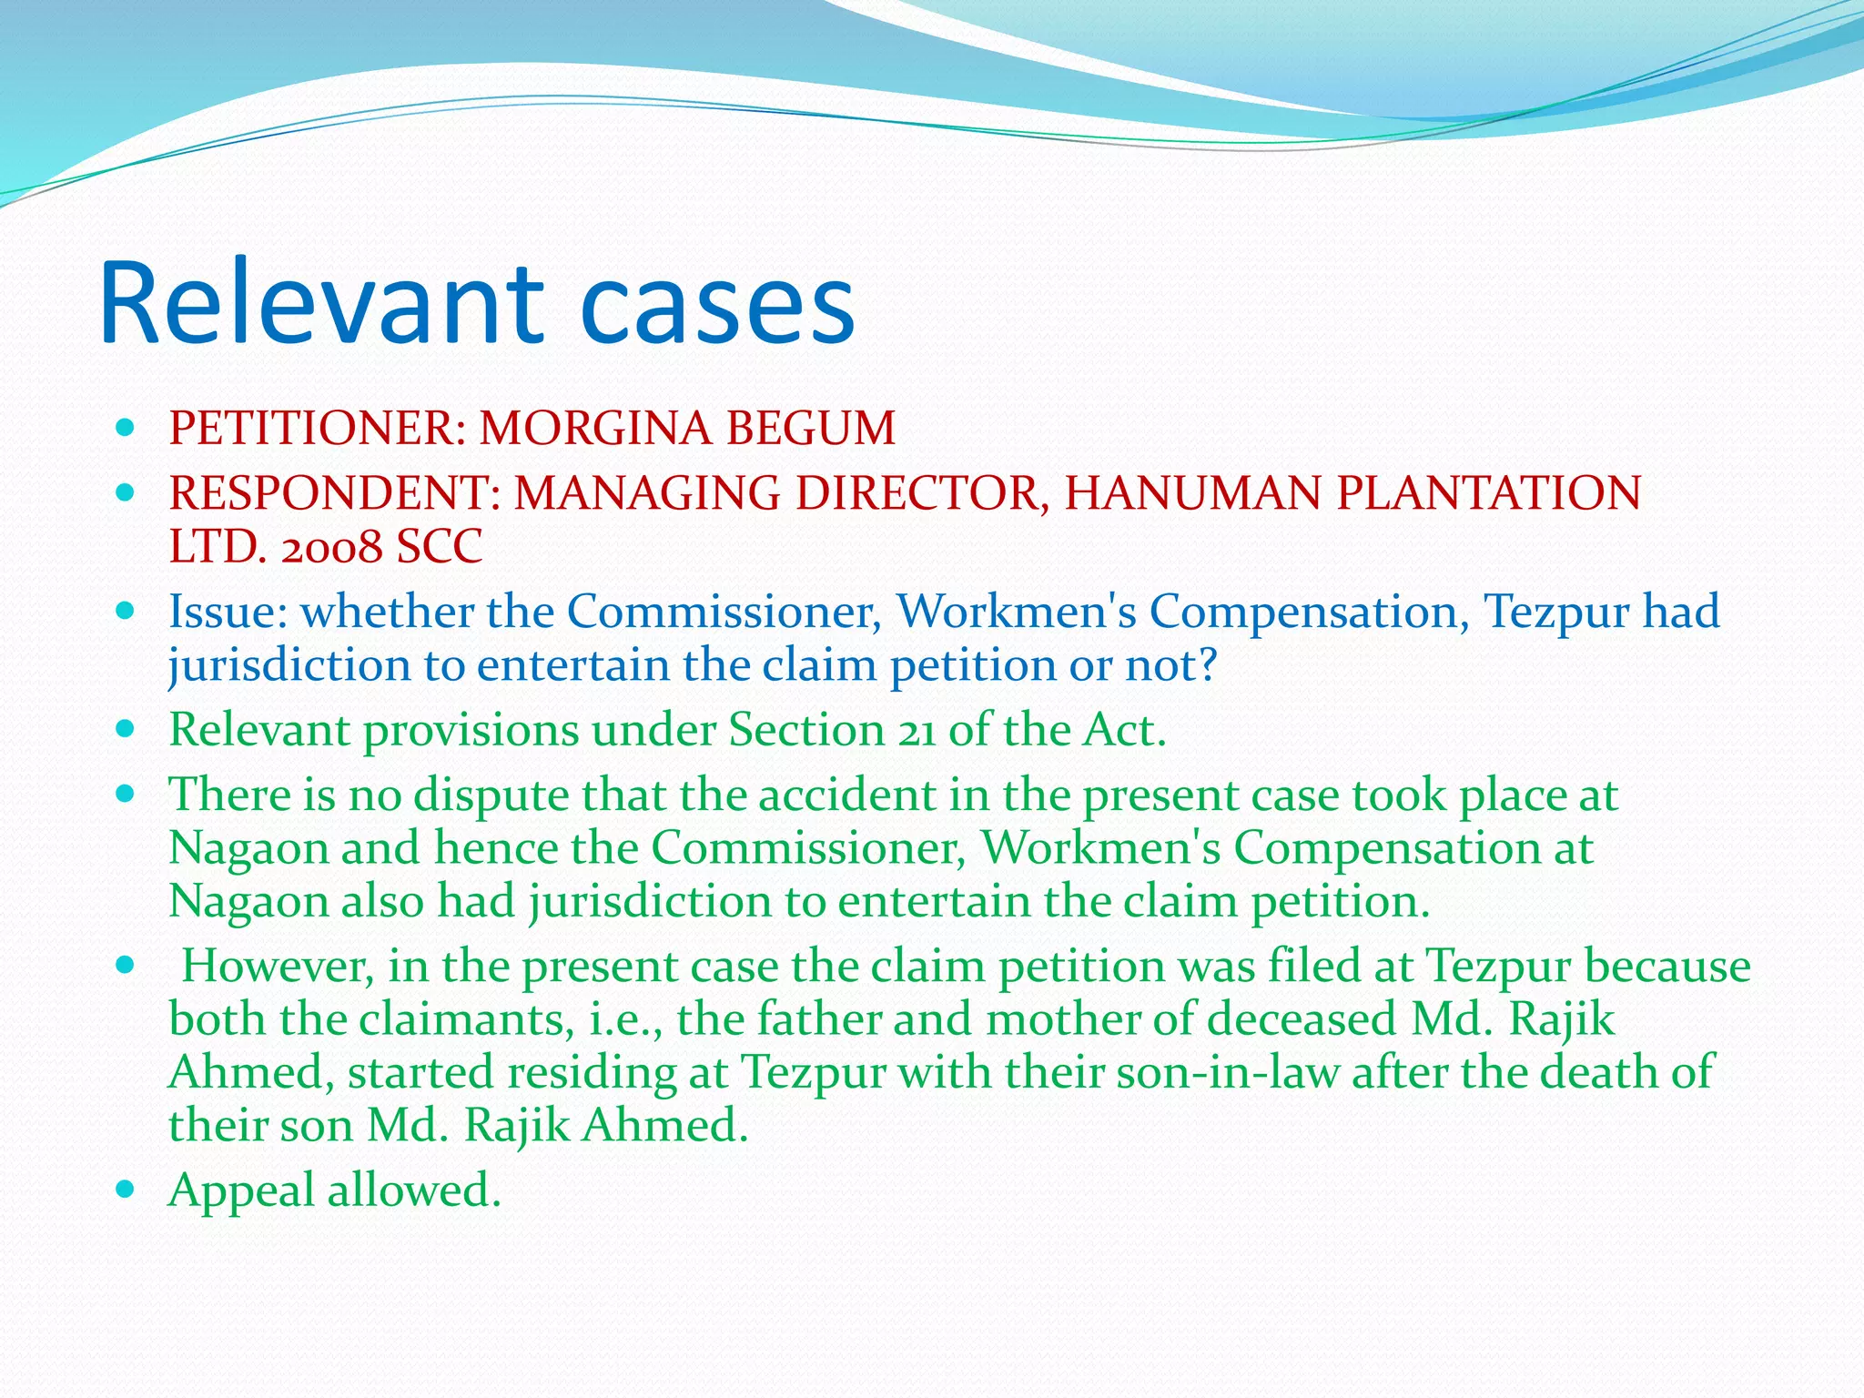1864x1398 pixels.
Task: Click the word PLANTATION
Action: click(x=1489, y=492)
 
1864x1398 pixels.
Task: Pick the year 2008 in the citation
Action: click(x=331, y=547)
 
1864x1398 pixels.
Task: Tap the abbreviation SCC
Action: click(x=439, y=547)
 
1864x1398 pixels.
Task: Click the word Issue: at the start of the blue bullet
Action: click(x=228, y=611)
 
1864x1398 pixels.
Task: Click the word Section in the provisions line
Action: click(x=805, y=730)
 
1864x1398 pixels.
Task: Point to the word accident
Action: click(x=846, y=795)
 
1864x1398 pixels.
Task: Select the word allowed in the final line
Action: click(x=414, y=1190)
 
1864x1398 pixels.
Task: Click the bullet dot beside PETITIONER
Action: click(x=127, y=427)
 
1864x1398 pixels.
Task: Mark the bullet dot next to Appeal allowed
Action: click(x=127, y=1189)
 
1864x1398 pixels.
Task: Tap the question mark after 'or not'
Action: click(x=1207, y=665)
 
